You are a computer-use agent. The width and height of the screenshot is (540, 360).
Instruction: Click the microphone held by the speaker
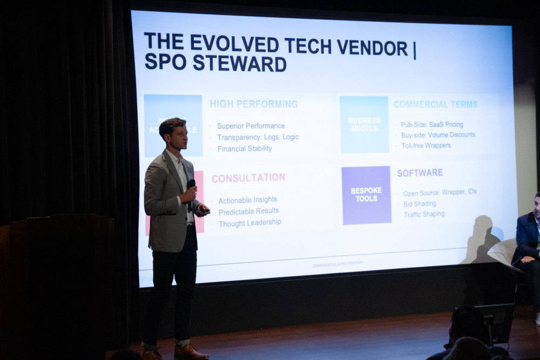(191, 185)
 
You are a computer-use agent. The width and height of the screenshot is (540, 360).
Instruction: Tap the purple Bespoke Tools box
(366, 195)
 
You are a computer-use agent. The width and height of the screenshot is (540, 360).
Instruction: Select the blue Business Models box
(364, 124)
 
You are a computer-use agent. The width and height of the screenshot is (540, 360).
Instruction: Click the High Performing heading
(253, 104)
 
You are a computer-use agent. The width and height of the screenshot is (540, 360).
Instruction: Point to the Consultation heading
(248, 178)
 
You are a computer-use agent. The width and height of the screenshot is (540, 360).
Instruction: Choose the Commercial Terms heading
(435, 104)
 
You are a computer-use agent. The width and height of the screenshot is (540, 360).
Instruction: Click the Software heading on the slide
(420, 173)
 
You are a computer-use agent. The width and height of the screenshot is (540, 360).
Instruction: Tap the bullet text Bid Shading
(420, 203)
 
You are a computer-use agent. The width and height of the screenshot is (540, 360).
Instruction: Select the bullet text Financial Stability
(244, 148)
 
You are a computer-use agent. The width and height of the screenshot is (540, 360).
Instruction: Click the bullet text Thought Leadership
(249, 223)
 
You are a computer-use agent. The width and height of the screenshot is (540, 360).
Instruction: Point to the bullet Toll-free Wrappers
(426, 145)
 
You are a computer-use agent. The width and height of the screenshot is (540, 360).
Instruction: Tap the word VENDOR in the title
(373, 47)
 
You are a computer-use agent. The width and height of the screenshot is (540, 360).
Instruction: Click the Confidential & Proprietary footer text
(337, 264)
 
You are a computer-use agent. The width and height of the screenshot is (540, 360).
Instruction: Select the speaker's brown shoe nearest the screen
(190, 352)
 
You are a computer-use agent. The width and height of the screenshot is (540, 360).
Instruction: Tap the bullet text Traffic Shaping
(424, 214)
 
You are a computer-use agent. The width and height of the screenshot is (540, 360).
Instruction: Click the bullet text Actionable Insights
(247, 200)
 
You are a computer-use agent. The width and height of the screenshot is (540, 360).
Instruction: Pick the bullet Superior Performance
(251, 126)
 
